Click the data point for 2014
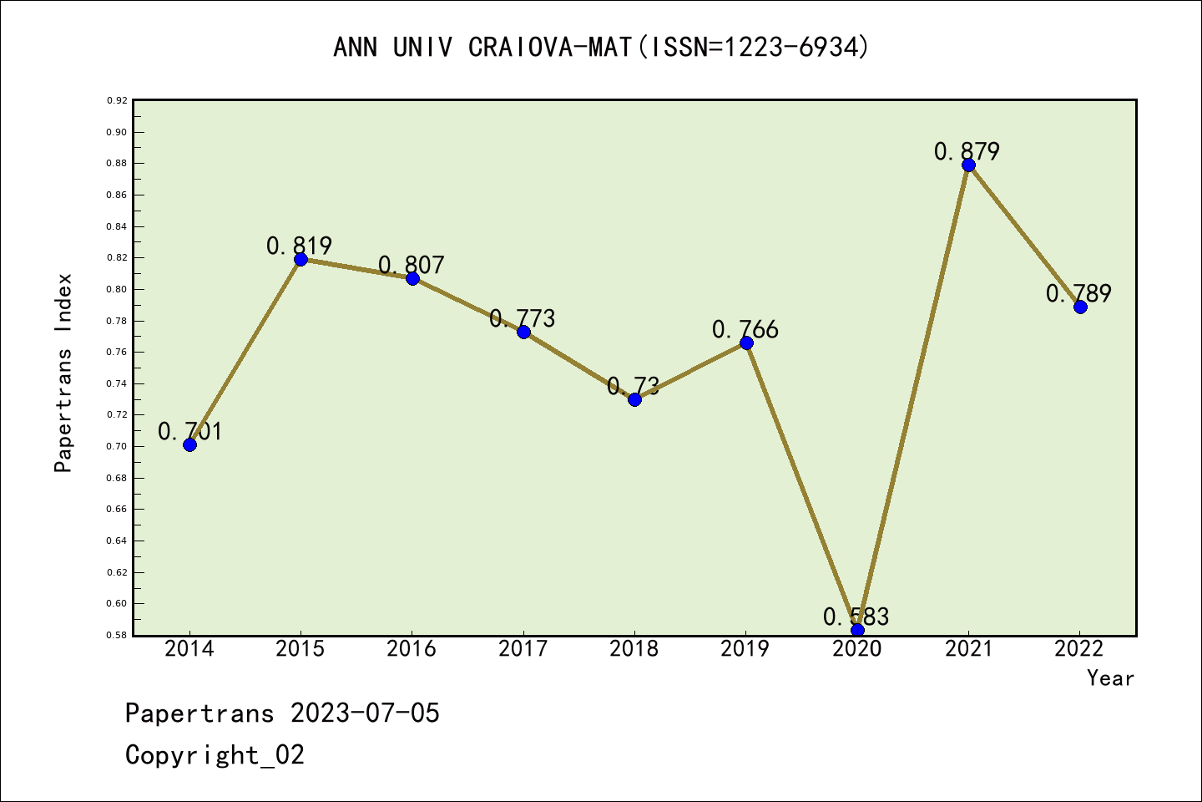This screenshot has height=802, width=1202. pos(189,444)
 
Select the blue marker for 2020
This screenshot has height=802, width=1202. pos(857,630)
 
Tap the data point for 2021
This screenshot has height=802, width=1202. pos(968,165)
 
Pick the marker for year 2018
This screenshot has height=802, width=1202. pos(634,399)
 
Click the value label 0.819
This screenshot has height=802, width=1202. pos(300,246)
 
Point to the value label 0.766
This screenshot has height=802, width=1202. pos(745,329)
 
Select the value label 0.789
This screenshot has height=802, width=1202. pos(1078,293)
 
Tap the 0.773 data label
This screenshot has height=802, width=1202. pos(523,318)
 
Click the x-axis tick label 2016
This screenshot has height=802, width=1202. pos(412,649)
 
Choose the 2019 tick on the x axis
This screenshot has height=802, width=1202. pos(745,649)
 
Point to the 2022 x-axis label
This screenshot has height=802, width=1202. pos(1079,649)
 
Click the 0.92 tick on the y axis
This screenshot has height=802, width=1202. pos(117,100)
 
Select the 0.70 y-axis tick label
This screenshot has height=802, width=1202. pos(117,446)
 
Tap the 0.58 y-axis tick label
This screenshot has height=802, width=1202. pos(117,635)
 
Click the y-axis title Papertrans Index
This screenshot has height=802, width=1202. pos(63,373)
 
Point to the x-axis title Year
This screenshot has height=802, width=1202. pos(1110,678)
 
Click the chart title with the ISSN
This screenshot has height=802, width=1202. pos(601,47)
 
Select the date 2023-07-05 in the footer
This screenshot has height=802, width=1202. pos(365,713)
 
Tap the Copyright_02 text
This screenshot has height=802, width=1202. pos(215,755)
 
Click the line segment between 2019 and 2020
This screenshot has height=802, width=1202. pos(801,486)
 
